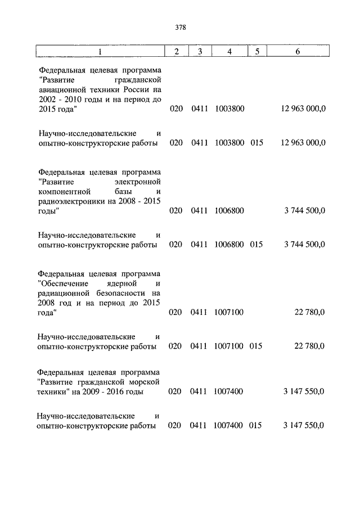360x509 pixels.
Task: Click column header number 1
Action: pos(100,52)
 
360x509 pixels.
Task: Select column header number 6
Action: pos(298,52)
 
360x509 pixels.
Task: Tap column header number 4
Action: pos(229,52)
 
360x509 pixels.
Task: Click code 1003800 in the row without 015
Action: pos(229,109)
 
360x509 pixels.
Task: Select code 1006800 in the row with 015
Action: pos(229,245)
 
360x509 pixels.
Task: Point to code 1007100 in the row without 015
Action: pos(229,312)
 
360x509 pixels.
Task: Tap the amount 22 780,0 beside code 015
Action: pos(309,346)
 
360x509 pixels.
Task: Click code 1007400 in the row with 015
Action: pos(229,426)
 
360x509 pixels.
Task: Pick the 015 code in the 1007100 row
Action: pos(256,346)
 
